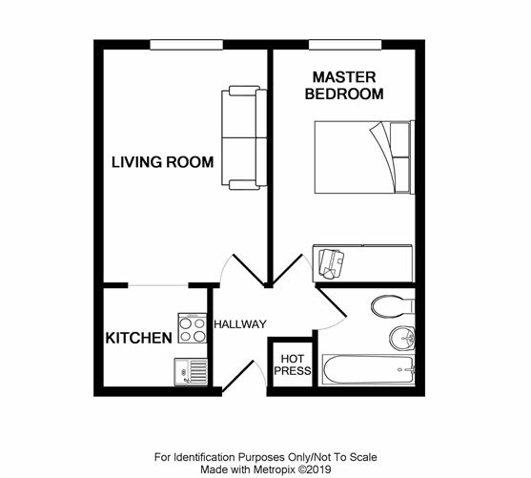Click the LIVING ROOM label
(162, 161)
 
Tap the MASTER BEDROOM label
(344, 86)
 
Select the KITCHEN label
(137, 338)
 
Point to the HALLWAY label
(239, 324)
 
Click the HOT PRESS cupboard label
(292, 364)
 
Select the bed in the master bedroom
(363, 157)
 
